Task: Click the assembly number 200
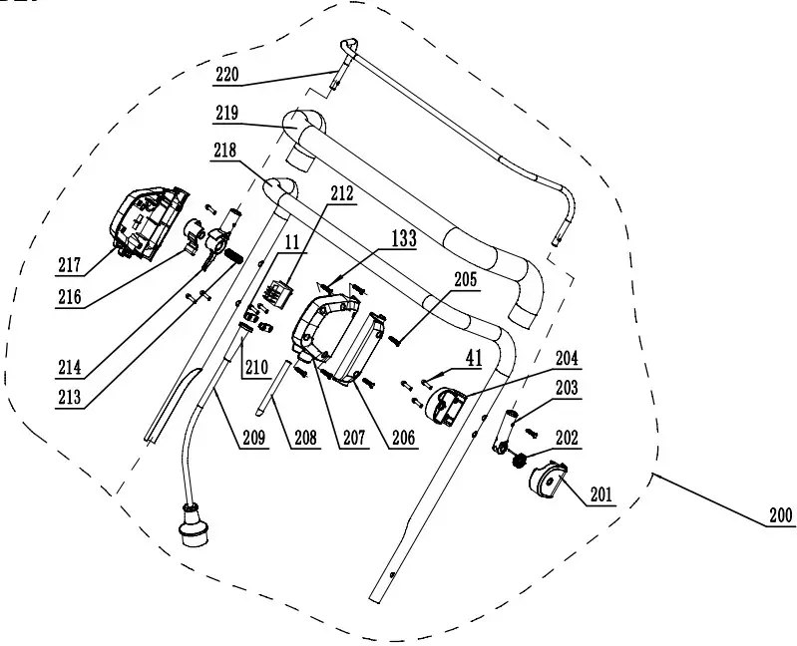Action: (779, 516)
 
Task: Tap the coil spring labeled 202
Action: (520, 459)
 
